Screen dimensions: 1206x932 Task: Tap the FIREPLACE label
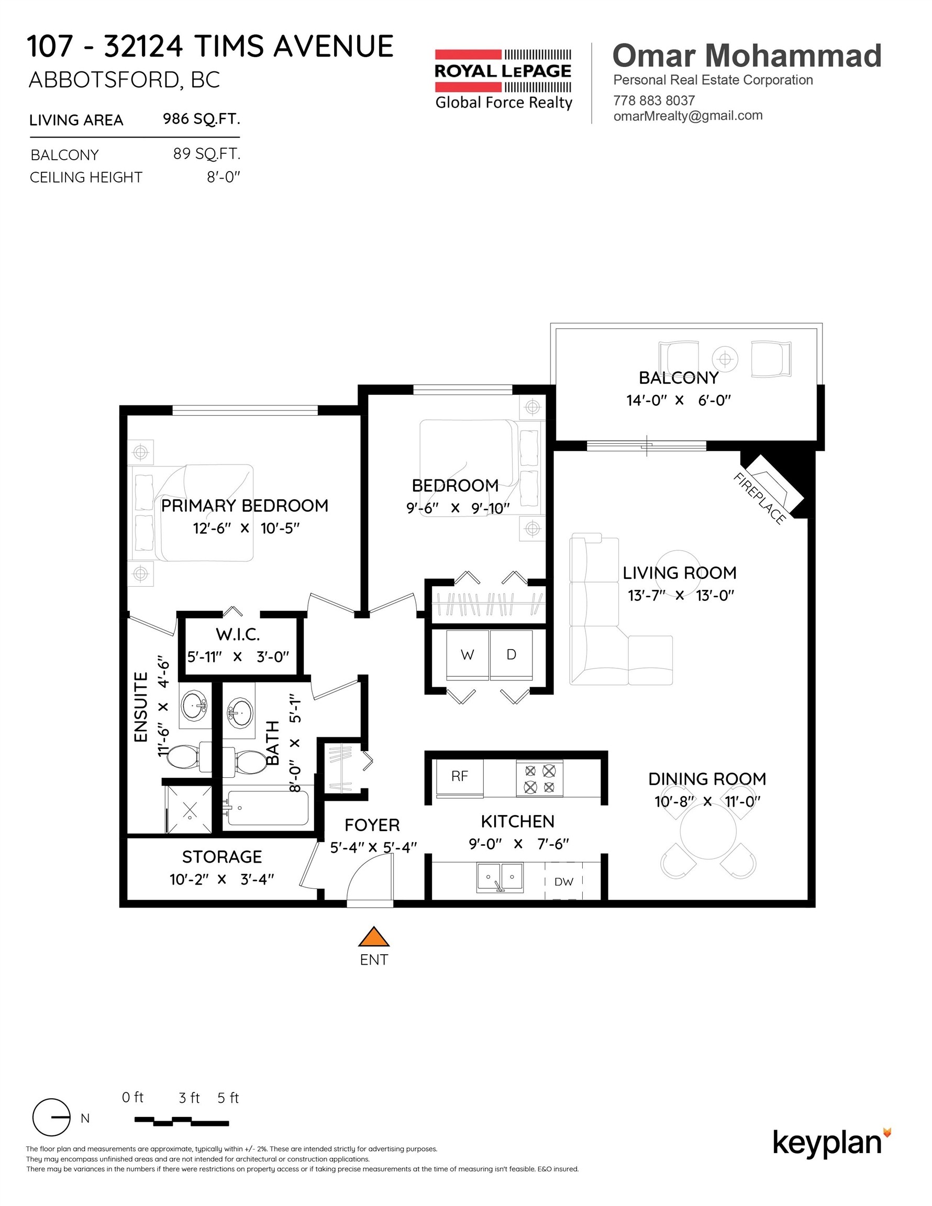759,499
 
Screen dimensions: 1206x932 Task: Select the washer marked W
468,655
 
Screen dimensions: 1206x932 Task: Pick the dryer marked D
511,655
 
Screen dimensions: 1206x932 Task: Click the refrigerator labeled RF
460,777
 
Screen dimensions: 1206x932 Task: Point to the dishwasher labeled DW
563,882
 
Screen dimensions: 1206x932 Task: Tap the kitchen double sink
500,877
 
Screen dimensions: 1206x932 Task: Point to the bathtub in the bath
268,808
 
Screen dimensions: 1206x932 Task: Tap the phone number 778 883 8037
653,100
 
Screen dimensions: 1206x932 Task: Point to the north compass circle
51,1117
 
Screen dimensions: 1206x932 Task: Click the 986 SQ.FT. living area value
201,119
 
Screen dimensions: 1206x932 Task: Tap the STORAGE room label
222,856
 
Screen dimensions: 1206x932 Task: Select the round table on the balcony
725,360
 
